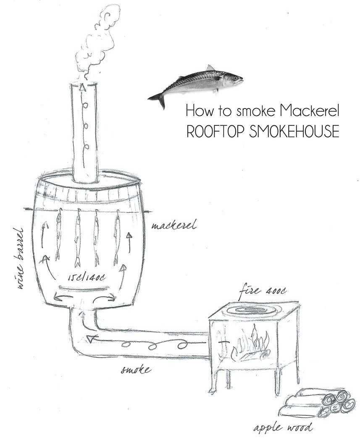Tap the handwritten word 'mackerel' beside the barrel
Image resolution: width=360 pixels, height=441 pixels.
173,225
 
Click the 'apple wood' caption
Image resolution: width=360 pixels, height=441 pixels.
283,428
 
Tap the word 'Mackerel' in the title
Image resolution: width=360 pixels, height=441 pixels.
309,111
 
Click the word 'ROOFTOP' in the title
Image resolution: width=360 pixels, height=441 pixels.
216,131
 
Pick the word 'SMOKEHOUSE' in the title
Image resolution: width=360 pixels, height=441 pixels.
294,131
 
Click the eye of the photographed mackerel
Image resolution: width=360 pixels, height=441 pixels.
237,78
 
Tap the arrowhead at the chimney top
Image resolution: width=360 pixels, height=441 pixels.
83,87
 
